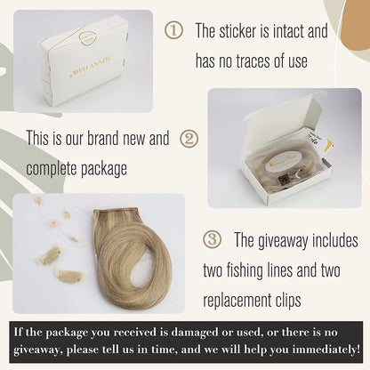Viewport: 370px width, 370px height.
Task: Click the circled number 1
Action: [173, 30]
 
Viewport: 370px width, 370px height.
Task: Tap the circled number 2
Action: [189, 139]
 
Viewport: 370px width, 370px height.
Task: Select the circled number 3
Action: [212, 239]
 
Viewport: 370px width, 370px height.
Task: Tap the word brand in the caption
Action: [103, 138]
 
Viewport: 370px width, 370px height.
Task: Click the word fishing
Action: [245, 271]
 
